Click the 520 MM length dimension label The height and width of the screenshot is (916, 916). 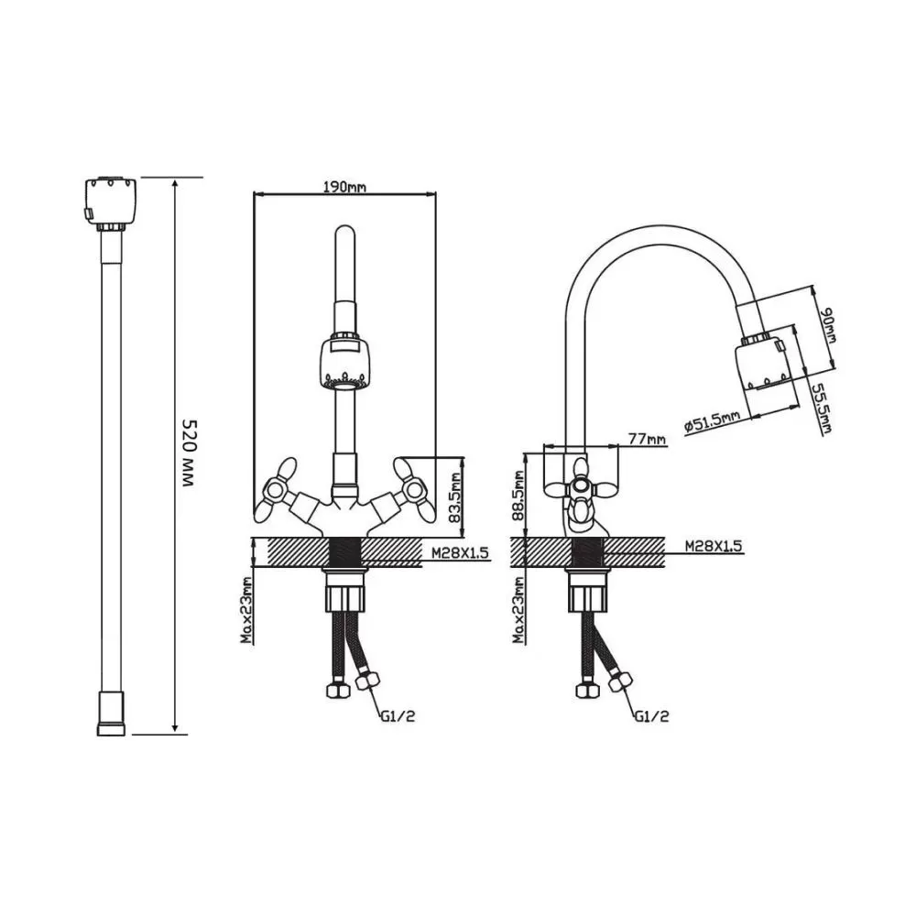pyautogui.click(x=189, y=453)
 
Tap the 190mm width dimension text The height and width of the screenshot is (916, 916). pyautogui.click(x=344, y=187)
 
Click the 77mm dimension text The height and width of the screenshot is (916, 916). pyautogui.click(x=647, y=438)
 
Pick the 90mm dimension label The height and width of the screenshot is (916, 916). pyautogui.click(x=829, y=329)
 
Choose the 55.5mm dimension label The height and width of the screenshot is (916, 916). pyautogui.click(x=825, y=409)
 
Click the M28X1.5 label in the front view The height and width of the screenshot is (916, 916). pyautogui.click(x=460, y=552)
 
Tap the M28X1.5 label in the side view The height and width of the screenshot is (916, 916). pyautogui.click(x=714, y=546)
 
